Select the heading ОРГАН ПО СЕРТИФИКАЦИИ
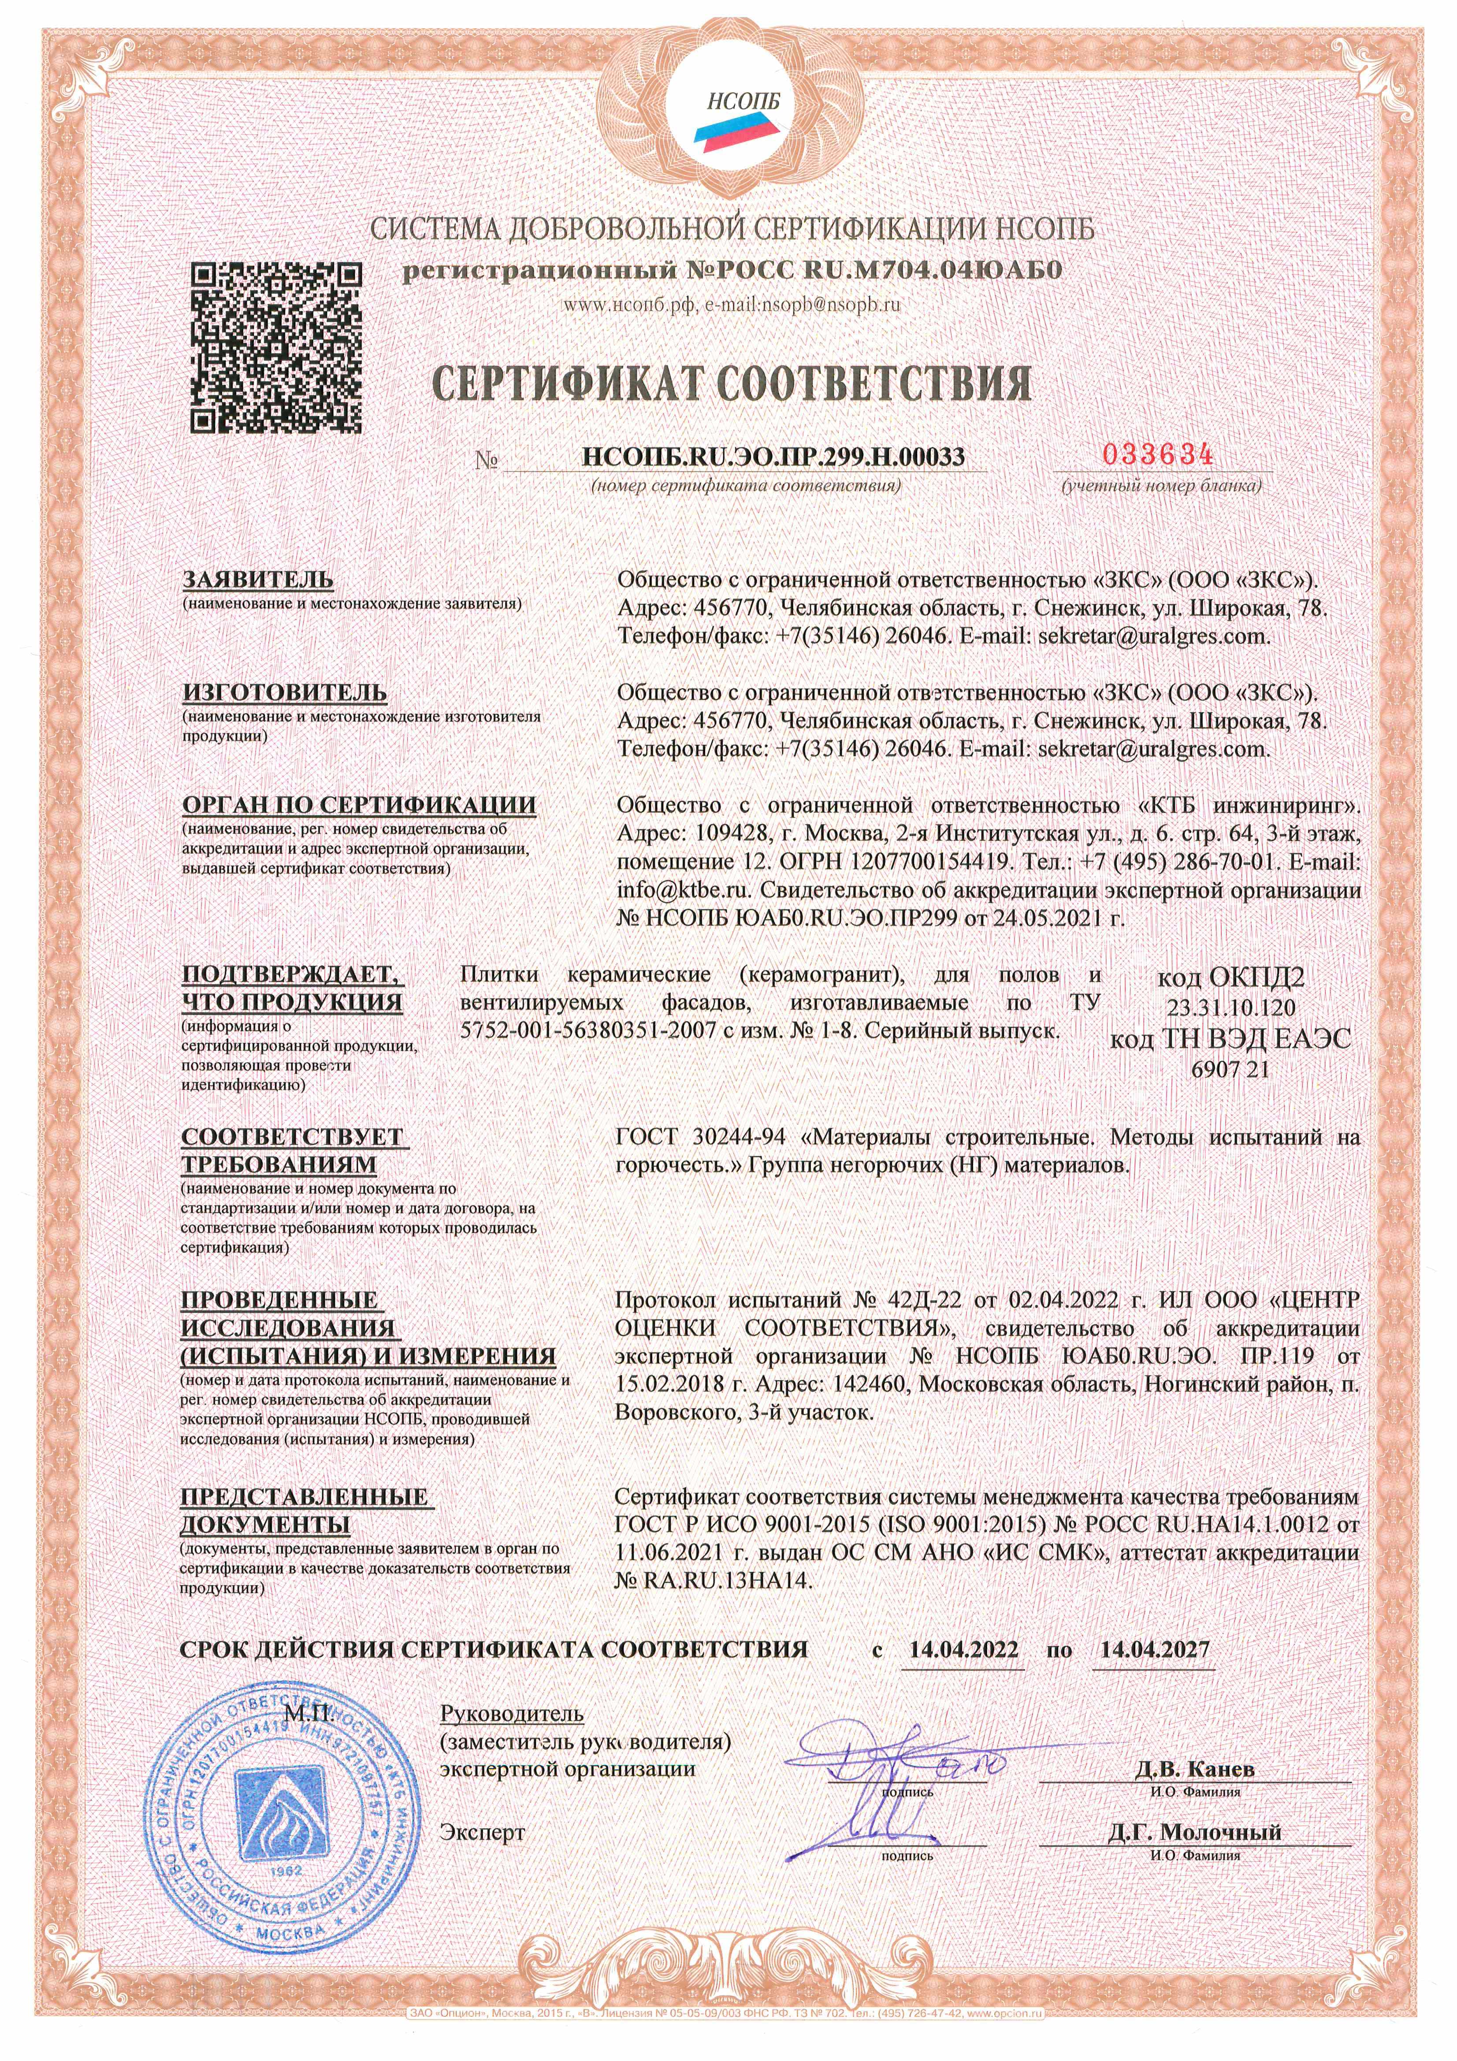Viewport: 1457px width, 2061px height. point(359,805)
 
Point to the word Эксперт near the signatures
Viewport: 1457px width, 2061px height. point(482,1832)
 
